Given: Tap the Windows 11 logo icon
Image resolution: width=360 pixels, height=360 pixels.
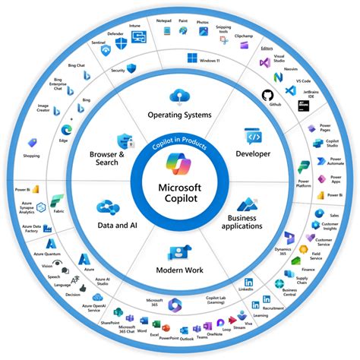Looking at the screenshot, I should [x=192, y=58].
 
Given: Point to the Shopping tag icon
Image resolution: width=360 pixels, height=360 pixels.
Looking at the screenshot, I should [x=33, y=143].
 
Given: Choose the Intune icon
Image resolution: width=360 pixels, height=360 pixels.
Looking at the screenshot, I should [x=138, y=35].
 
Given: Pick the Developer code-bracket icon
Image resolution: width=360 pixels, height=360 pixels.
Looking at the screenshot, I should [x=252, y=137].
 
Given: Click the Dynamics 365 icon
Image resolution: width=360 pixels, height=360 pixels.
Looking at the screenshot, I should [x=290, y=240].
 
